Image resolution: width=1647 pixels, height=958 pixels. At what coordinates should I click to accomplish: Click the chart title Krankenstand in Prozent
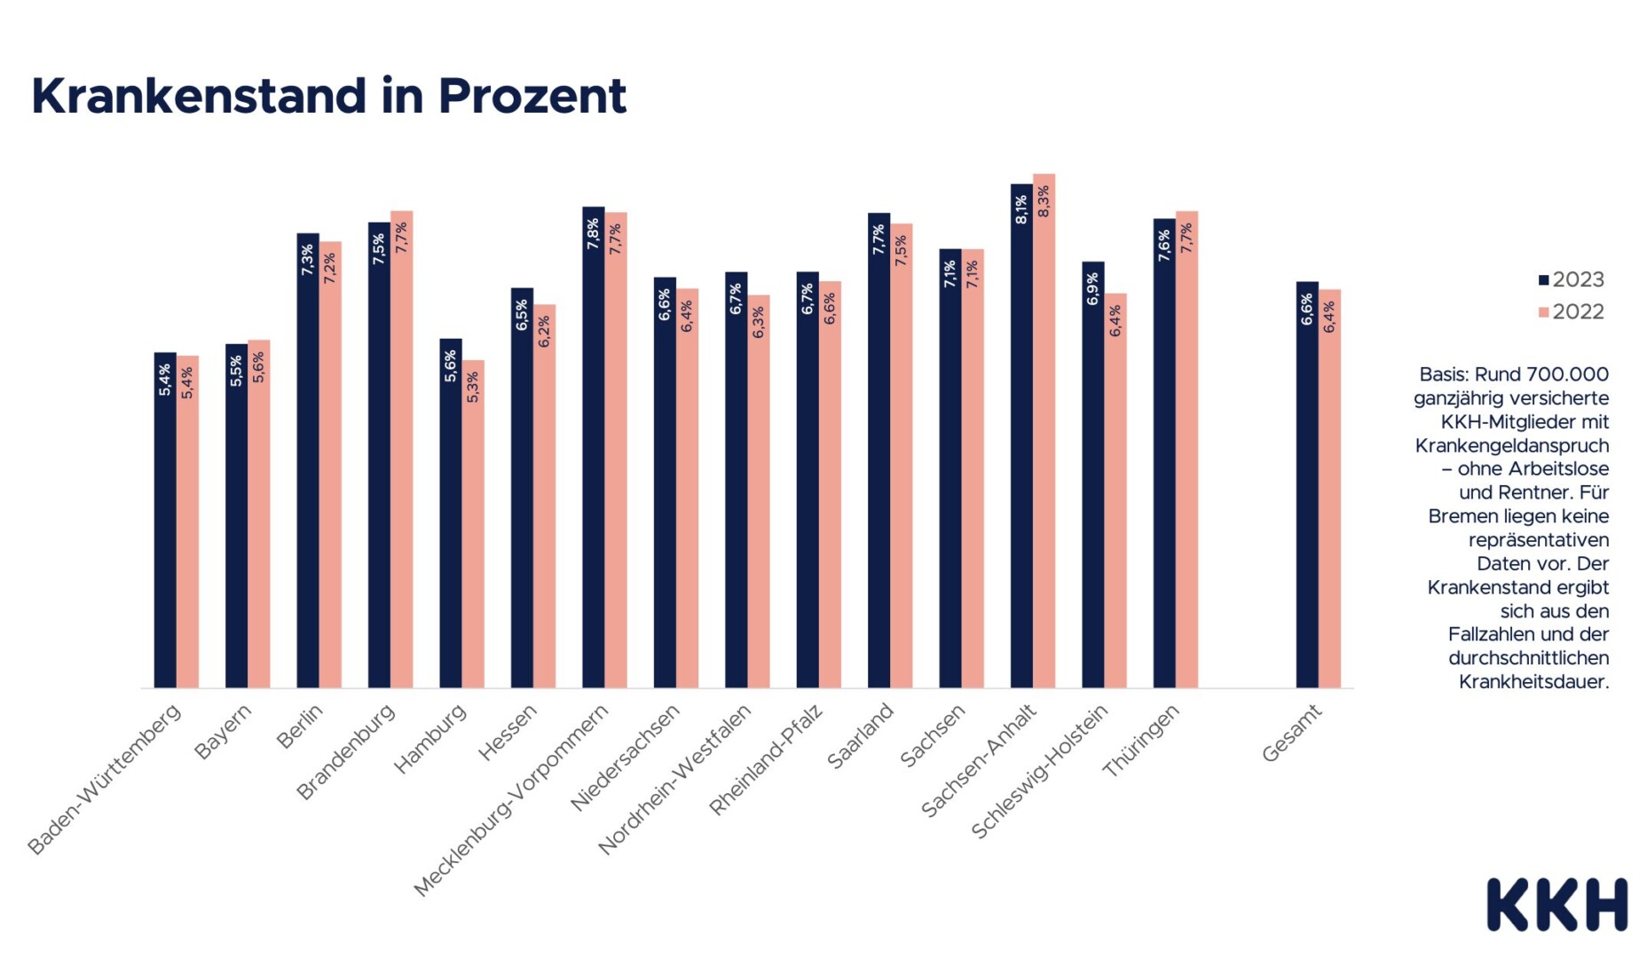tap(328, 96)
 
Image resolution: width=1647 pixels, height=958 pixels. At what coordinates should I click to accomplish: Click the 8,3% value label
tap(1044, 201)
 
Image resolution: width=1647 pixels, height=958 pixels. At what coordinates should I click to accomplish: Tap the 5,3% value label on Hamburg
tap(473, 387)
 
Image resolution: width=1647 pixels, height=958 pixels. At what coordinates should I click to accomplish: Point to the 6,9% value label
tap(1093, 289)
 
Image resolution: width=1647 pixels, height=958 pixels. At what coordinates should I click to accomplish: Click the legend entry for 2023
tap(1572, 279)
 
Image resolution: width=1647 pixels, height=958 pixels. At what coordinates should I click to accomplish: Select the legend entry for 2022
tap(1572, 311)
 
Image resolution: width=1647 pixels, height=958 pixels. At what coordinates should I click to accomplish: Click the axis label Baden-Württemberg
tap(105, 778)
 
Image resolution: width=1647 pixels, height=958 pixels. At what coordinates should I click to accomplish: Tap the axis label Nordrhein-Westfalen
tap(675, 778)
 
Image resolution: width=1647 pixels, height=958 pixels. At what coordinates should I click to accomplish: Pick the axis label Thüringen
tap(1140, 740)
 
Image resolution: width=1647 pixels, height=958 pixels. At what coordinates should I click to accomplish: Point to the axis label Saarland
tap(859, 735)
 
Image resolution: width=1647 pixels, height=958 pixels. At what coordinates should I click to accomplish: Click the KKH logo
tap(1556, 905)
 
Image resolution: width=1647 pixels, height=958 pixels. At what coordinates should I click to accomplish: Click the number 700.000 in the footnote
tap(1567, 374)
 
